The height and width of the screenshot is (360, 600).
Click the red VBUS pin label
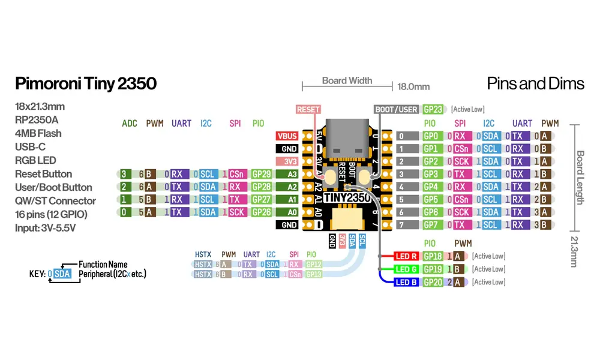point(287,136)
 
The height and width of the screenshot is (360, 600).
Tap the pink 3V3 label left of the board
point(287,161)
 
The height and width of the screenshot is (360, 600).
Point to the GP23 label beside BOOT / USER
point(433,109)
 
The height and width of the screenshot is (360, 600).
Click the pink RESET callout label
point(308,109)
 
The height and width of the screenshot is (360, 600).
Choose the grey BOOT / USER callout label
point(395,109)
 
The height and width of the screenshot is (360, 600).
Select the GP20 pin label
point(433,282)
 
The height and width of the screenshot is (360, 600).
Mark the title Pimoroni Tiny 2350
point(86,83)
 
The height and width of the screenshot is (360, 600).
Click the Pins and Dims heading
point(536,83)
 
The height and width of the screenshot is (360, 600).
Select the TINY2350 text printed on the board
point(347,197)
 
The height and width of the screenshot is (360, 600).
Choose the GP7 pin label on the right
point(430,225)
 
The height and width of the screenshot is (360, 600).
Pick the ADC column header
point(130,124)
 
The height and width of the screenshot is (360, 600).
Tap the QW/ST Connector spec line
point(55,200)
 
